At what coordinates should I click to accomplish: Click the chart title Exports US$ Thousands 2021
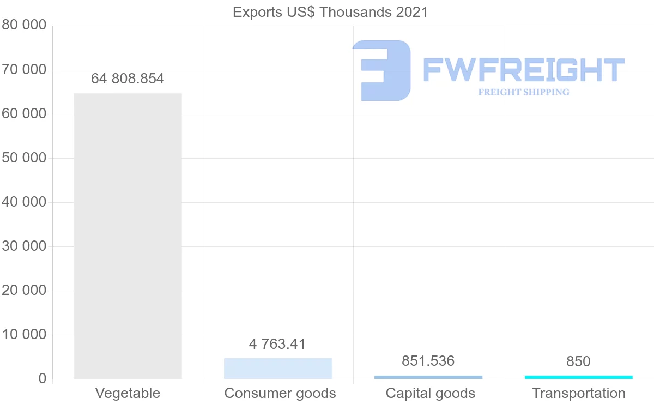330,12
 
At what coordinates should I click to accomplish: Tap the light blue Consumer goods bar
278,369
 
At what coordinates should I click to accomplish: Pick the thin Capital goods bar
428,377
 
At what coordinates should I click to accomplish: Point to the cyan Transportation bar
579,377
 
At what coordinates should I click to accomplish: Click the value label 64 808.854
128,79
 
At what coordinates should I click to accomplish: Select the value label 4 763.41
277,345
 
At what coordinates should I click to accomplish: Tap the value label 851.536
428,361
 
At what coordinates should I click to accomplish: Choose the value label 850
578,361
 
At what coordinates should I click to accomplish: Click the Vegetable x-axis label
128,393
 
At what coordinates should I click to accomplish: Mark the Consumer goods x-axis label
280,393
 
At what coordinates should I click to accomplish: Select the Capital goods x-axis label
431,393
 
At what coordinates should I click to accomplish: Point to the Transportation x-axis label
579,393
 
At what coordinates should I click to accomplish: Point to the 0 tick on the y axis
41,379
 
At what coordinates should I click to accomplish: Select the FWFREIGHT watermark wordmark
523,70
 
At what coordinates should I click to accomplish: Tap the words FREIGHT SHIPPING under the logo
524,92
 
